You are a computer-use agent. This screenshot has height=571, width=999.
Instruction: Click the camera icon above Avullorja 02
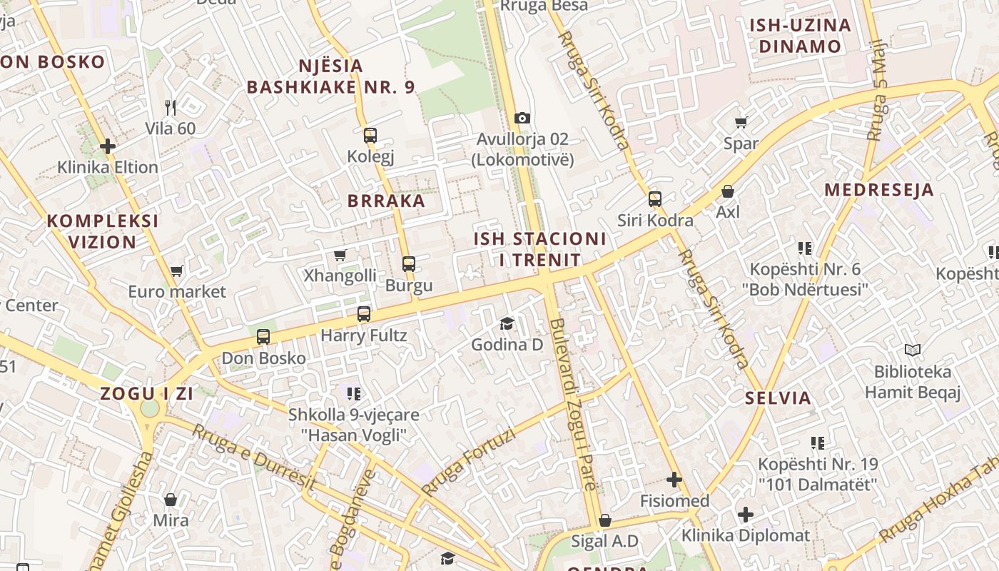[522, 118]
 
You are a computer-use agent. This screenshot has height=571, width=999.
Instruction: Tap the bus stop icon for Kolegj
[370, 135]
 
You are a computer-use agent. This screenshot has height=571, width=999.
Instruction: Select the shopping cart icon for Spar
[741, 122]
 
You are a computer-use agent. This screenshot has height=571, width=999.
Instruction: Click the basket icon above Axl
[728, 191]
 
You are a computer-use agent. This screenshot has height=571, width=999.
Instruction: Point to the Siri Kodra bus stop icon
[655, 199]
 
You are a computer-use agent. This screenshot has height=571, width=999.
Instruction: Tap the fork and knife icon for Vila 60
[170, 108]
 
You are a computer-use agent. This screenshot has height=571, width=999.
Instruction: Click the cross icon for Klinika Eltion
[108, 146]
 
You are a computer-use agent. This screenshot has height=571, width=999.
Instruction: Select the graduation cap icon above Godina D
[507, 324]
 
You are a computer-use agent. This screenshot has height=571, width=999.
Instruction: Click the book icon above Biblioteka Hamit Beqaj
[913, 350]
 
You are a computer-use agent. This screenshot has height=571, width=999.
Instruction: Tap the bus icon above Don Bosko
[263, 337]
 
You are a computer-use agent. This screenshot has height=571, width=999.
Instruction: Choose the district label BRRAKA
[386, 201]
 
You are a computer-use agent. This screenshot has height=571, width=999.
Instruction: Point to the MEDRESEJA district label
[878, 190]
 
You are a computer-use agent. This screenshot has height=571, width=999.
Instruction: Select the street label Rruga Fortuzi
[468, 461]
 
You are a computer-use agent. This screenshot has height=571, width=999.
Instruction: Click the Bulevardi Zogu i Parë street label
[572, 404]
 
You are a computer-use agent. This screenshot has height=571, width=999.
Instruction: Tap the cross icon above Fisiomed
[674, 480]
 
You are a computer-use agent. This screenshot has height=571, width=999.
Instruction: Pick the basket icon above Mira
[171, 500]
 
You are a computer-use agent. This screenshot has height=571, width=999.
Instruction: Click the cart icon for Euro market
[177, 271]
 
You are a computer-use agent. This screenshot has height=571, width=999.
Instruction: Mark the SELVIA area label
[778, 398]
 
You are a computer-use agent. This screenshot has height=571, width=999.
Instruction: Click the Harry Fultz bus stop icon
[364, 314]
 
